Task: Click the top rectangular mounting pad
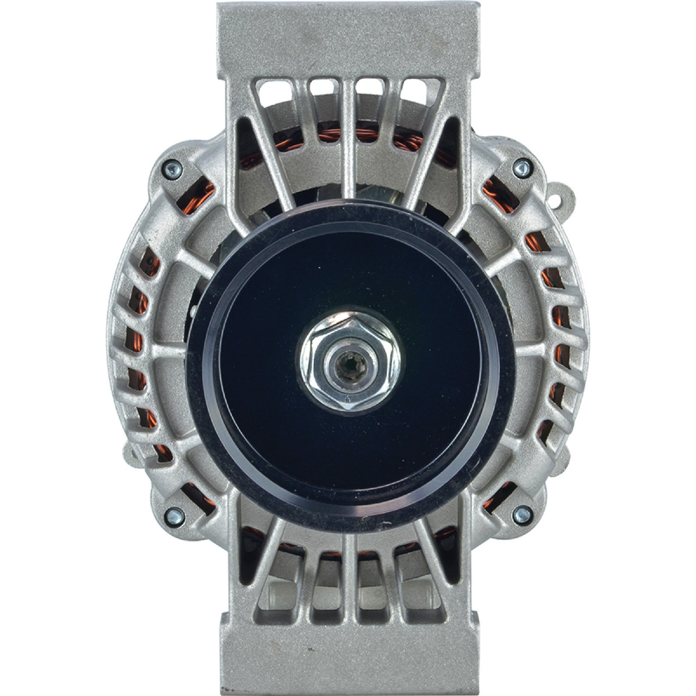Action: (x=348, y=38)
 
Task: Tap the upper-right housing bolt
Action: (x=523, y=167)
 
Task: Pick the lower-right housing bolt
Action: (x=523, y=512)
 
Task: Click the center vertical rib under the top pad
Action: (x=348, y=109)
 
